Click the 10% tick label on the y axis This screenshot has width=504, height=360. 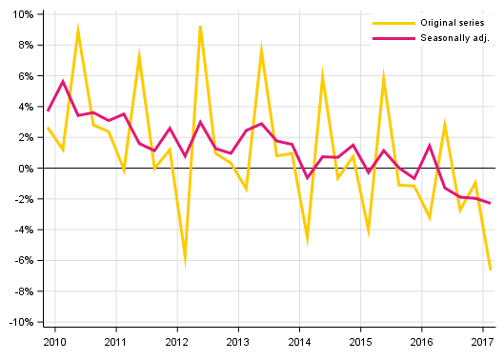pos(23,14)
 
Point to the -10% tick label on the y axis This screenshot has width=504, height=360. pos(21,322)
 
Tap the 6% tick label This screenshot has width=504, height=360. pos(26,76)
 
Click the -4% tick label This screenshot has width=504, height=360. pos(24,230)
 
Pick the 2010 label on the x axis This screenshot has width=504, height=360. pos(54,340)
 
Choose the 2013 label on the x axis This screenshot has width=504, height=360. pos(237,340)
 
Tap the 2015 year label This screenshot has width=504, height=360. pos(360,340)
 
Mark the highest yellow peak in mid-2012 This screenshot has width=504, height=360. pos(200,25)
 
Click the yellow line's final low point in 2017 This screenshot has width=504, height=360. pos(491,270)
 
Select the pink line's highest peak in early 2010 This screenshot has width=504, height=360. pos(63,82)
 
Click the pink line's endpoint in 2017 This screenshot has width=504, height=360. pos(491,203)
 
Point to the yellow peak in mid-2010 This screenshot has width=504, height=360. pos(78,30)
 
